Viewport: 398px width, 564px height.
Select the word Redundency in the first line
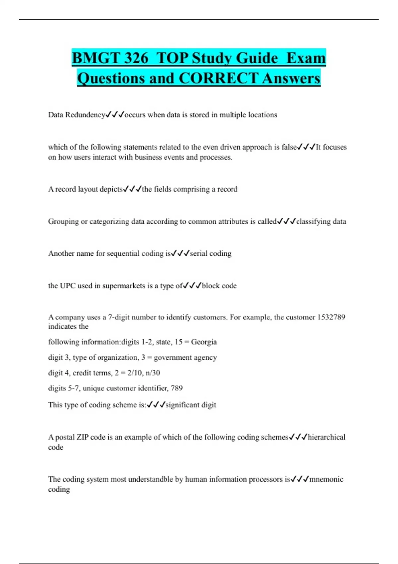(x=85, y=115)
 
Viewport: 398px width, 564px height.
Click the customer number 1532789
(x=331, y=317)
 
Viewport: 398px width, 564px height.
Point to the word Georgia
(x=204, y=342)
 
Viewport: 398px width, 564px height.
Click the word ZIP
(x=82, y=437)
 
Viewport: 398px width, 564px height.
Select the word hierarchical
(x=327, y=437)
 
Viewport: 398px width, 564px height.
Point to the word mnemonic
(x=326, y=479)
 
